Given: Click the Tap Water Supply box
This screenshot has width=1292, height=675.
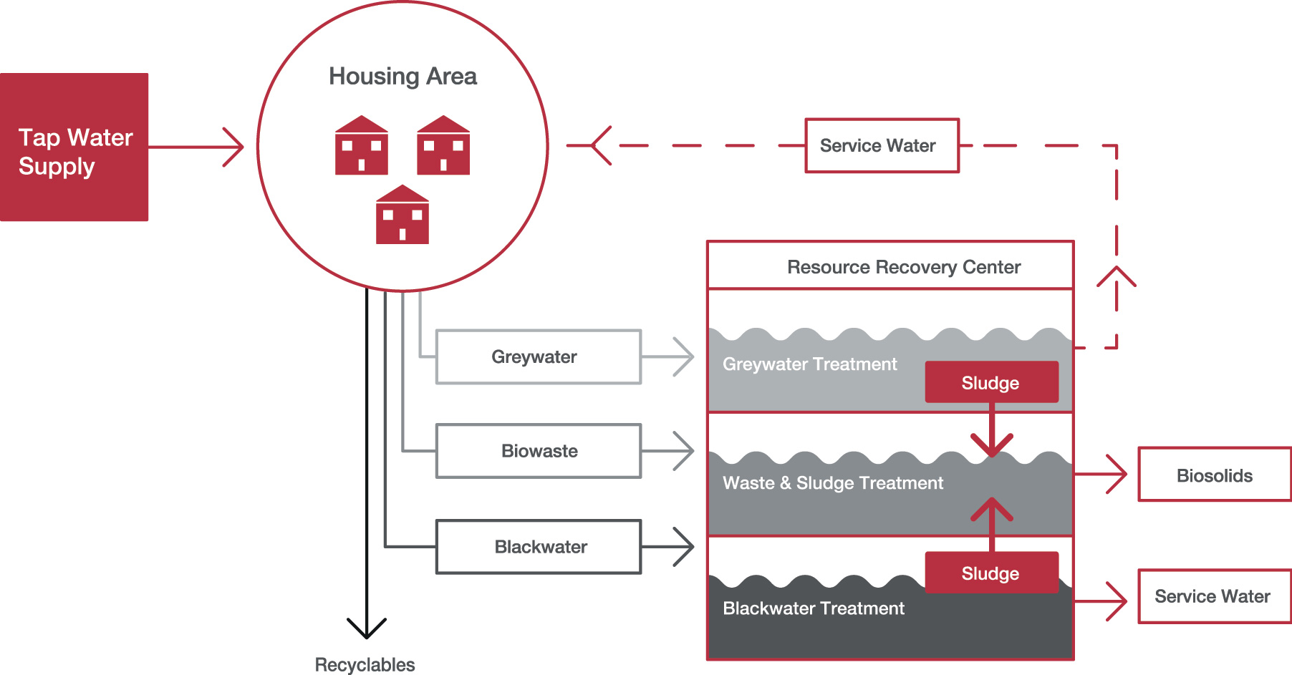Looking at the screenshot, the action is pos(74,147).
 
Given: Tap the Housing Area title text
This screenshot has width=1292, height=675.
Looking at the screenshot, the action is pos(402,77).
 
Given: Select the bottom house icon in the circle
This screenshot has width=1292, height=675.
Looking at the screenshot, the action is pos(402,215).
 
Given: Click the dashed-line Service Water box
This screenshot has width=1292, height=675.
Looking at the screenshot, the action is pos(882,145).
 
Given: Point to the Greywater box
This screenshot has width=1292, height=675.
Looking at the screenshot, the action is pos(539,356).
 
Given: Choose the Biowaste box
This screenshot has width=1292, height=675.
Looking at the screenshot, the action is pos(539,451).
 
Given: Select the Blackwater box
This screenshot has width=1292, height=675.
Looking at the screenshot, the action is pos(539,547).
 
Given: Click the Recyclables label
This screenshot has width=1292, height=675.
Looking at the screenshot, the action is pos(365,665).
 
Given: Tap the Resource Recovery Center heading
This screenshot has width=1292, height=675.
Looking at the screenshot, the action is pos(904,267).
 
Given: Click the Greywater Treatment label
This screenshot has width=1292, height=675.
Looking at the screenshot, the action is pos(809,364).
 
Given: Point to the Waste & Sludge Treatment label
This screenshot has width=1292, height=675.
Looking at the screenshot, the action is pos(833,483).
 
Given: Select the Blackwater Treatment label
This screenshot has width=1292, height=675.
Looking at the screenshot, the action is pos(814,608).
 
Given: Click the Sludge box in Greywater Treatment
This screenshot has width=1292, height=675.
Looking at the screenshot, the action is pos(991,382).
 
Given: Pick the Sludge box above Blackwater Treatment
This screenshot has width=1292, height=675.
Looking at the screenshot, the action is pos(991,573).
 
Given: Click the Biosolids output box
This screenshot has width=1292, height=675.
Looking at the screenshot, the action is pos(1215,475).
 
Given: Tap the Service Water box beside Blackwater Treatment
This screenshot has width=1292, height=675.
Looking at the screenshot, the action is pos(1215,596).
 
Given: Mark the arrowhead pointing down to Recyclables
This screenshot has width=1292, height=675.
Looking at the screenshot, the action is pos(367,628).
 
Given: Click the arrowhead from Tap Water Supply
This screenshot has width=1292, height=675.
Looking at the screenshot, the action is pos(233,147).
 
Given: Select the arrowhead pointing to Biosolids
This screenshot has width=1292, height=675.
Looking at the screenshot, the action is pos(1117,474).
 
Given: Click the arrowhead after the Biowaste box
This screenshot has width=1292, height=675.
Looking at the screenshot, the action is pos(684,451).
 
